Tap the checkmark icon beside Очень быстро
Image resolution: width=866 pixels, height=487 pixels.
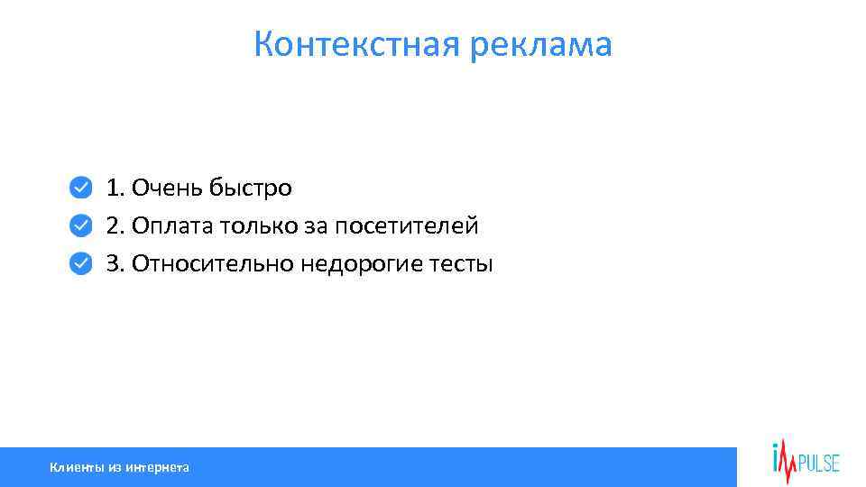click(x=80, y=188)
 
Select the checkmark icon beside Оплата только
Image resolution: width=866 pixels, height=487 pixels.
click(x=80, y=225)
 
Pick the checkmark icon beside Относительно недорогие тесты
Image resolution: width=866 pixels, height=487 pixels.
click(x=80, y=262)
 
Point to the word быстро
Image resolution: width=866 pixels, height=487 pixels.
click(x=251, y=188)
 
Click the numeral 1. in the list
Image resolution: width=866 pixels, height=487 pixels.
click(x=115, y=188)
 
